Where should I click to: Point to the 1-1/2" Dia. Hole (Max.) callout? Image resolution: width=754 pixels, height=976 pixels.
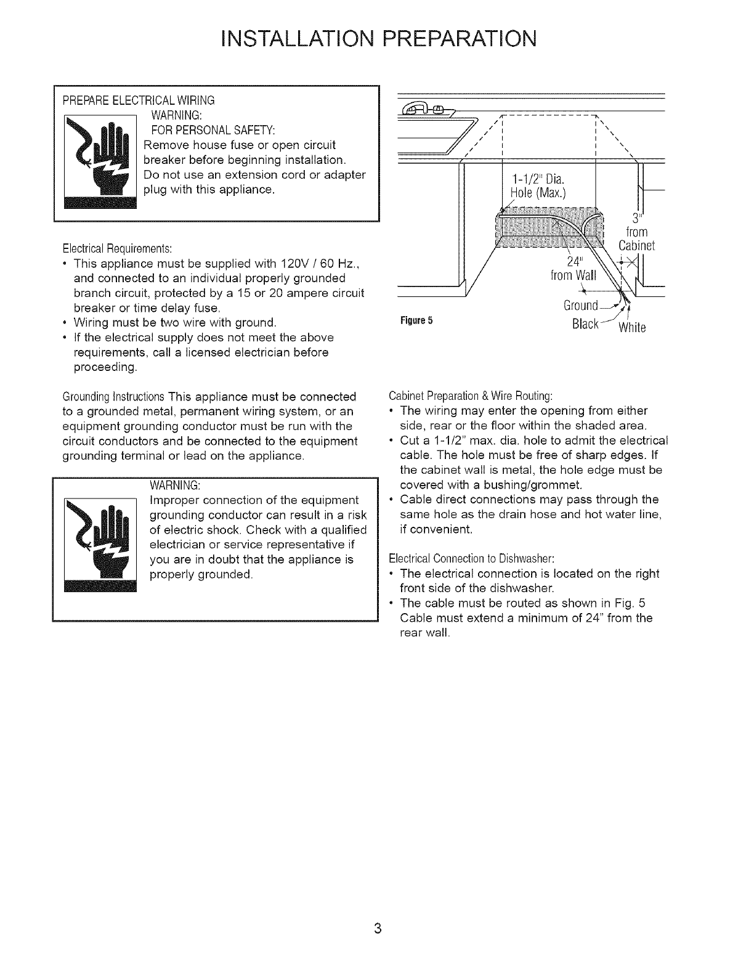tap(537, 185)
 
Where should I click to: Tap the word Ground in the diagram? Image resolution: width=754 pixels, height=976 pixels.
tap(581, 306)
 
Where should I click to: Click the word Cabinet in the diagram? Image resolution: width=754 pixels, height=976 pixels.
tap(637, 246)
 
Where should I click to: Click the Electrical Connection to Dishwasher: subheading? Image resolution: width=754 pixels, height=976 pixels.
tap(471, 558)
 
